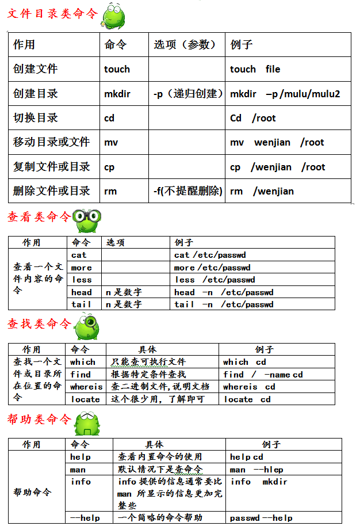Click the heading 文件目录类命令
click(52, 14)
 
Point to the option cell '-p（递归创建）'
click(187, 93)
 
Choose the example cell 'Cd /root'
click(252, 118)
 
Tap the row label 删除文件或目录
click(52, 190)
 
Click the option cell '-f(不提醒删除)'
click(187, 190)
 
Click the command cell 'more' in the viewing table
click(82, 267)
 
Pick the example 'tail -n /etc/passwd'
click(224, 304)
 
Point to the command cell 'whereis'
click(86, 387)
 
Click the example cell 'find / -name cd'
click(263, 375)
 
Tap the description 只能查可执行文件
click(148, 362)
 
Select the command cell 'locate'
click(86, 399)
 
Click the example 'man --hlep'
click(256, 469)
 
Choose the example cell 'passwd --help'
click(261, 518)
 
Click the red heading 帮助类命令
click(39, 419)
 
